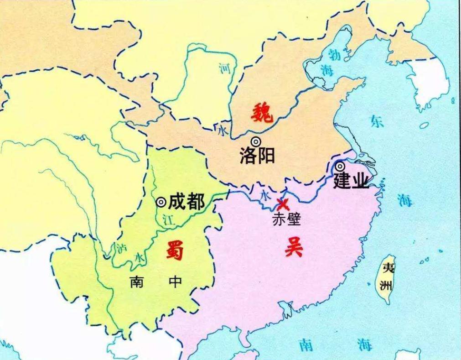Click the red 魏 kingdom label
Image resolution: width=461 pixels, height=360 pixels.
click(x=262, y=113)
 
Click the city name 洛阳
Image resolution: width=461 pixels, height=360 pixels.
click(x=257, y=156)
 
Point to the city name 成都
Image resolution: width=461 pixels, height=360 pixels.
click(x=186, y=201)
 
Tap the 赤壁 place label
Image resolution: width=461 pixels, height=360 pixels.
click(x=287, y=219)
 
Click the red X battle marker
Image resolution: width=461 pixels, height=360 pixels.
click(x=283, y=204)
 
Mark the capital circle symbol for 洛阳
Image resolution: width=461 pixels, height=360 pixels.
click(x=256, y=142)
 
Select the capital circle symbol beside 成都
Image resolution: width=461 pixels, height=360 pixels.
click(x=161, y=202)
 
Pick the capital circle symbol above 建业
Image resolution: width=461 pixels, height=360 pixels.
click(x=340, y=167)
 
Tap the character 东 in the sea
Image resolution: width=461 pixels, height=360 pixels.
click(x=377, y=121)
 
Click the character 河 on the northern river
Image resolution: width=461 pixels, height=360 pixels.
click(x=224, y=69)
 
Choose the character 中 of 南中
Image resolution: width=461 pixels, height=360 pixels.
click(x=175, y=282)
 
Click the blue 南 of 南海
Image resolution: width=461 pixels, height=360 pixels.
click(x=306, y=345)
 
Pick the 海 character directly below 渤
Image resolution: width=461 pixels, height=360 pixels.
click(x=326, y=71)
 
